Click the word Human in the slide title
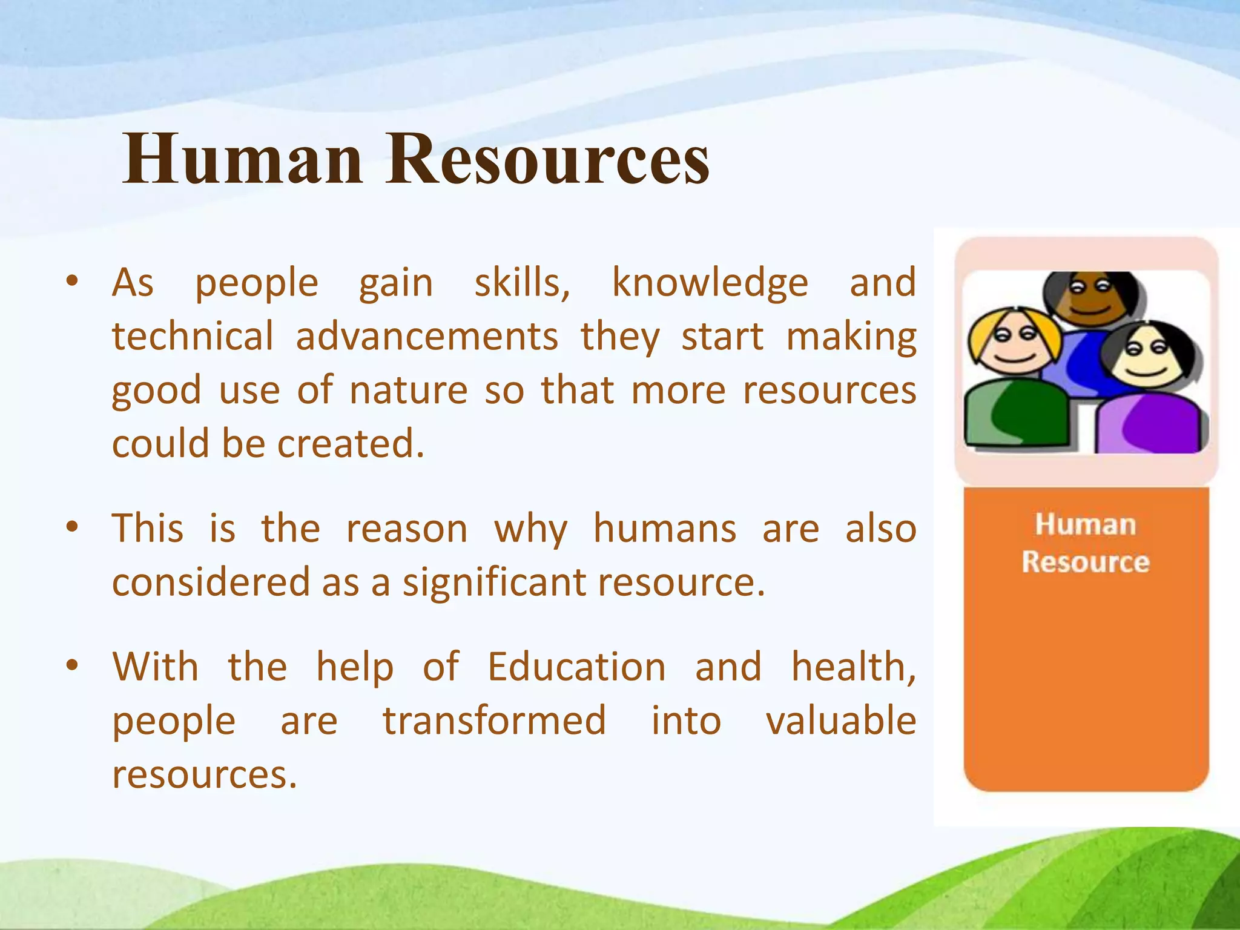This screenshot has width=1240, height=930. pos(242,159)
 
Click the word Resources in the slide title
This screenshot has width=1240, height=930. pos(548,159)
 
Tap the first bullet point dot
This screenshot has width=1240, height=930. pos(72,281)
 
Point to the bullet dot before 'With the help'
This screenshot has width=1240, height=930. pos(72,665)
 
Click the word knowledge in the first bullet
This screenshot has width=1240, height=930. pos(710,283)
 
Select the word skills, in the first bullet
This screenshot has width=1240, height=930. pos(522,283)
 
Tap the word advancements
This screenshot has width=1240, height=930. pos(427,337)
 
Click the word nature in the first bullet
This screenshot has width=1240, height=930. pos(409,391)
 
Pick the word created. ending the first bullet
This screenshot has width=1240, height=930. pos(351,444)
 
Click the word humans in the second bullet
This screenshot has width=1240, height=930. pos(664,529)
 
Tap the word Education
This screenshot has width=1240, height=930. pos(576,667)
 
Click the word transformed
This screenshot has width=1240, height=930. pos(494,721)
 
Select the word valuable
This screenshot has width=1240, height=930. pos(841,721)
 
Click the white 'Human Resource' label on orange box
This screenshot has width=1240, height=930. pos(1086,542)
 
